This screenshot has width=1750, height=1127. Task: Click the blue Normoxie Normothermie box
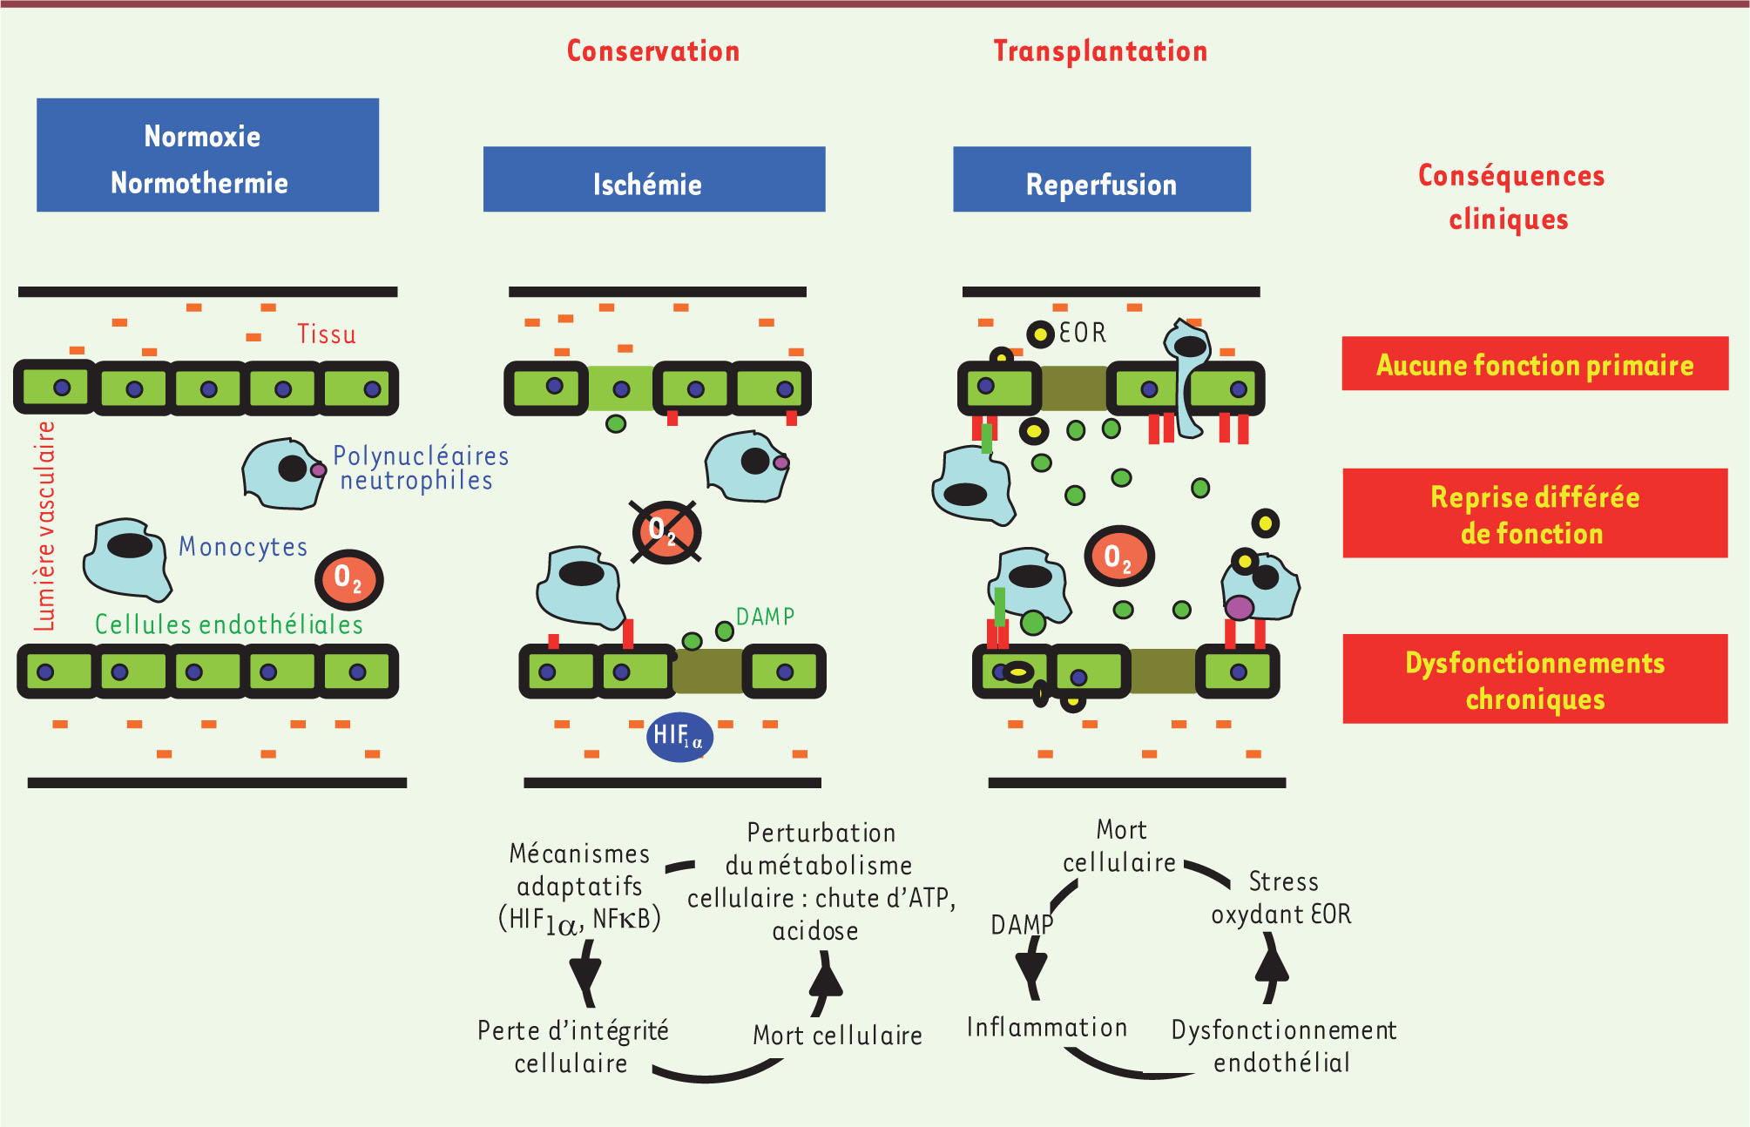point(207,155)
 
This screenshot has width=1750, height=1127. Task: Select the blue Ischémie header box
point(653,179)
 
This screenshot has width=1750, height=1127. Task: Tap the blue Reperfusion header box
point(1101,179)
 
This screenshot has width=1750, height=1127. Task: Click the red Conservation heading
point(653,51)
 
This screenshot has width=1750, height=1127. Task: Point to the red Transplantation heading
point(1100,51)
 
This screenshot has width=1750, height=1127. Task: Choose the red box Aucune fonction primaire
point(1535,364)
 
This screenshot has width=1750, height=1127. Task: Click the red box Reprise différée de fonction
point(1535,514)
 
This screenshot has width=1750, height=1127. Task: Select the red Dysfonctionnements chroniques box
point(1535,679)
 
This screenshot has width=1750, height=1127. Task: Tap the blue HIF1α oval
point(679,737)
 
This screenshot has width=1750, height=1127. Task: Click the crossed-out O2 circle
point(666,531)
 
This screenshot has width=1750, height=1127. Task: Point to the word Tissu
point(327,334)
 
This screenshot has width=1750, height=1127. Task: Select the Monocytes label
point(243,547)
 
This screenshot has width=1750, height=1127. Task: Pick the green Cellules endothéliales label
point(228,624)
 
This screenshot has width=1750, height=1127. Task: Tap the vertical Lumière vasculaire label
point(44,526)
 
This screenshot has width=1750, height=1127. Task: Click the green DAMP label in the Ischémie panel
point(765,617)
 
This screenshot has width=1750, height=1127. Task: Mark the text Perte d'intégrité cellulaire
point(572,1047)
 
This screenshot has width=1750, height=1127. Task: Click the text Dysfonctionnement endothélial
point(1283,1046)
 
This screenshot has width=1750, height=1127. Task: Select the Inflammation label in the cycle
point(1046,1028)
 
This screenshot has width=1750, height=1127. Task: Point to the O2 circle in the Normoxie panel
point(348,579)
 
